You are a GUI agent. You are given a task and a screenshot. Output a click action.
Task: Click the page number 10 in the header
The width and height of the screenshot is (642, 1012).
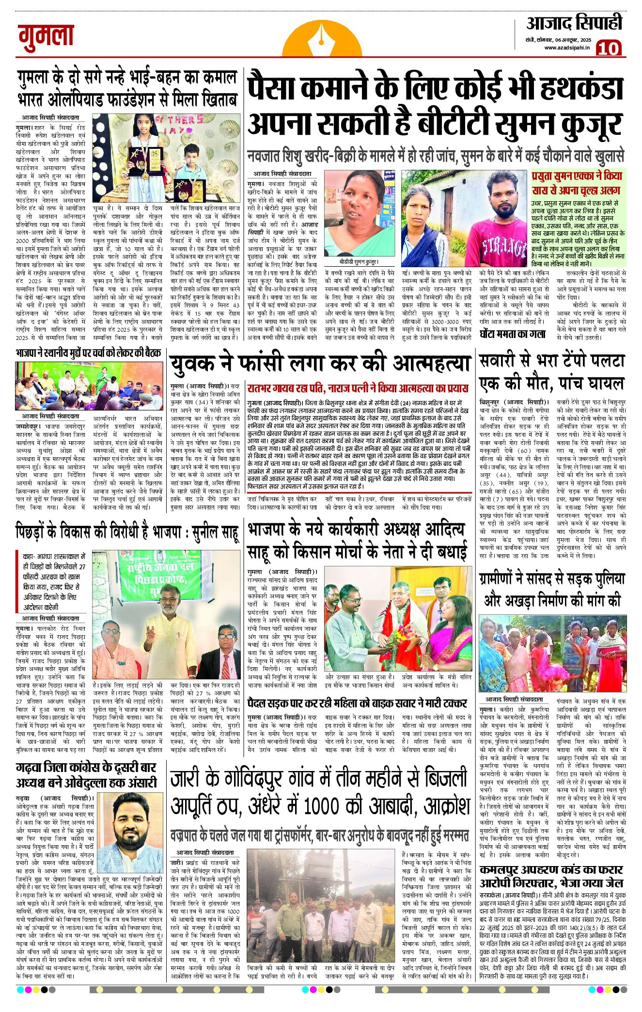pos(608,48)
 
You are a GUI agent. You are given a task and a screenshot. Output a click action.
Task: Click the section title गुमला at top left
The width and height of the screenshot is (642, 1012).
pos(47,37)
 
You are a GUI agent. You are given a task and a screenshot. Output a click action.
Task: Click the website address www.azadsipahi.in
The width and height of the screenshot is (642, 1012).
pos(566,48)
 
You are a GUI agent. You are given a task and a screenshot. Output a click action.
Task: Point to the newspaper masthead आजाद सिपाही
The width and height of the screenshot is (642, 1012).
pos(574,23)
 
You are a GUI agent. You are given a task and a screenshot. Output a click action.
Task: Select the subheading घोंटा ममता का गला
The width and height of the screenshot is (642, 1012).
pos(512,334)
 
